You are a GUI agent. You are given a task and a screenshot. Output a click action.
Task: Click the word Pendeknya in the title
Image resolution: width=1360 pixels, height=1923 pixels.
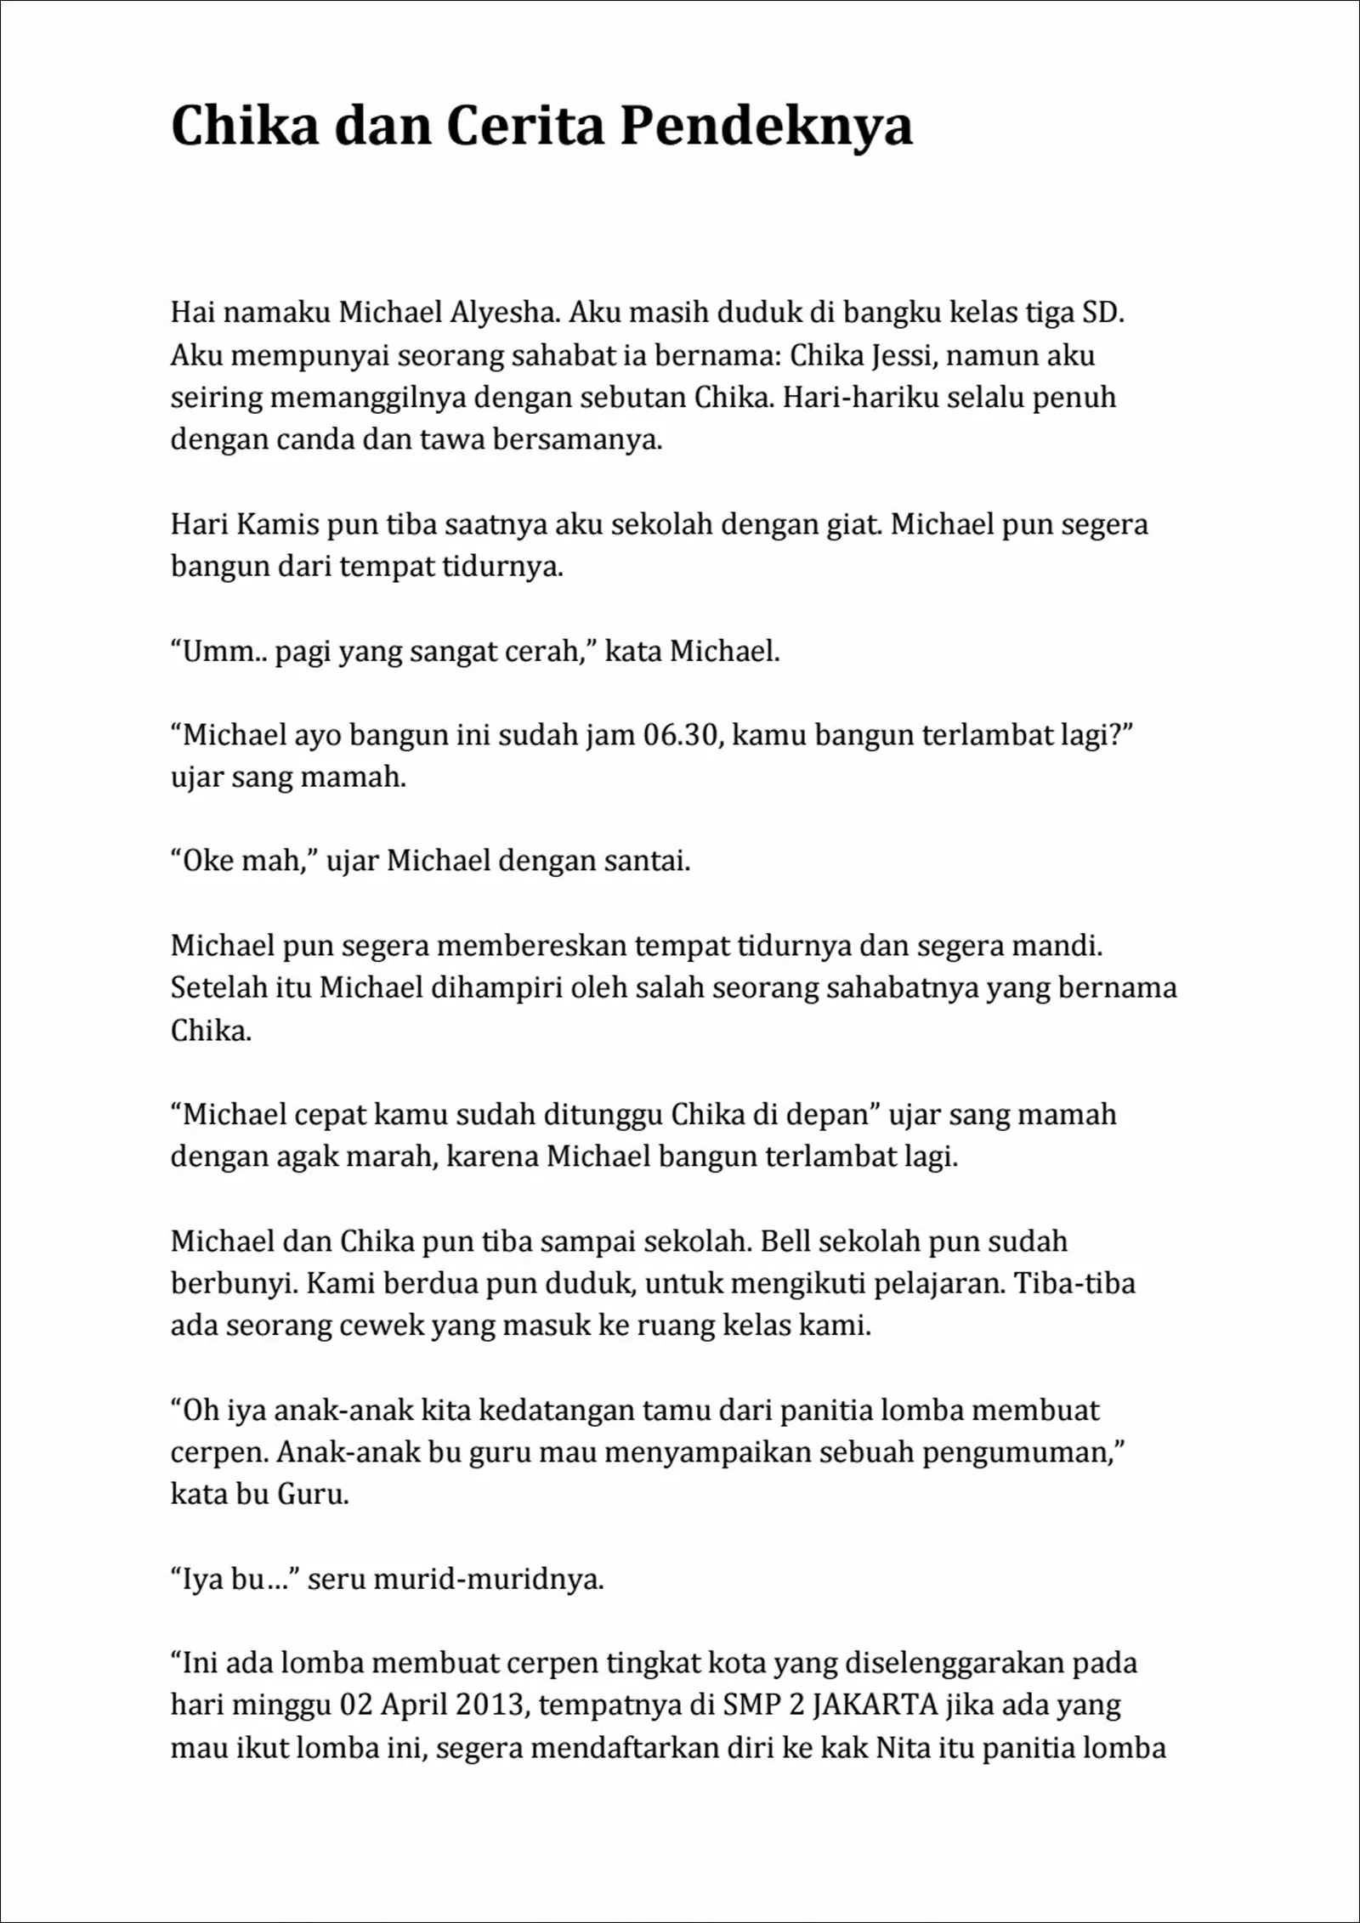click(x=766, y=127)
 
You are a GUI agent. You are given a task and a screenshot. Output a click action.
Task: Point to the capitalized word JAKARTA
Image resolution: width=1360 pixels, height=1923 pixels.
click(x=881, y=1705)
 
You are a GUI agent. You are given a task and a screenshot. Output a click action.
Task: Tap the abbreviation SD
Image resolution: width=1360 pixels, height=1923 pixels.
click(x=1103, y=313)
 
